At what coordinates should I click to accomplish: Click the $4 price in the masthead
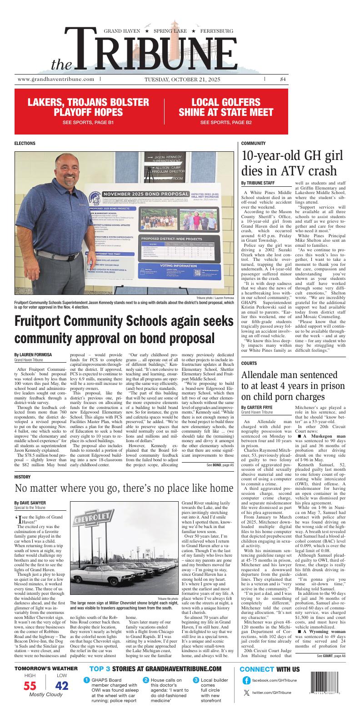[x=283, y=79]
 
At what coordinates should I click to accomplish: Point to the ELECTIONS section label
[x=25, y=143]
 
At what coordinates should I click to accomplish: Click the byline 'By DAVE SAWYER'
[x=30, y=503]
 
